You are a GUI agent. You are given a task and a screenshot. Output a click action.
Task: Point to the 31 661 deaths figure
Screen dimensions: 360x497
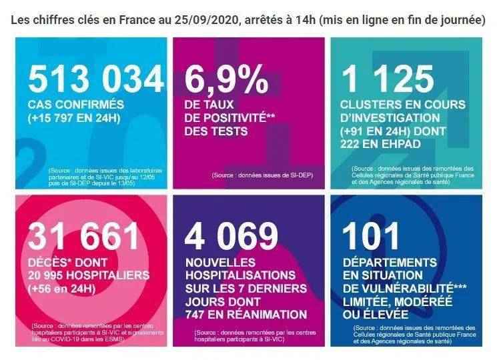click(x=84, y=237)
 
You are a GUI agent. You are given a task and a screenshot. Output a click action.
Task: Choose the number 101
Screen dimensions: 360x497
click(x=370, y=237)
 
